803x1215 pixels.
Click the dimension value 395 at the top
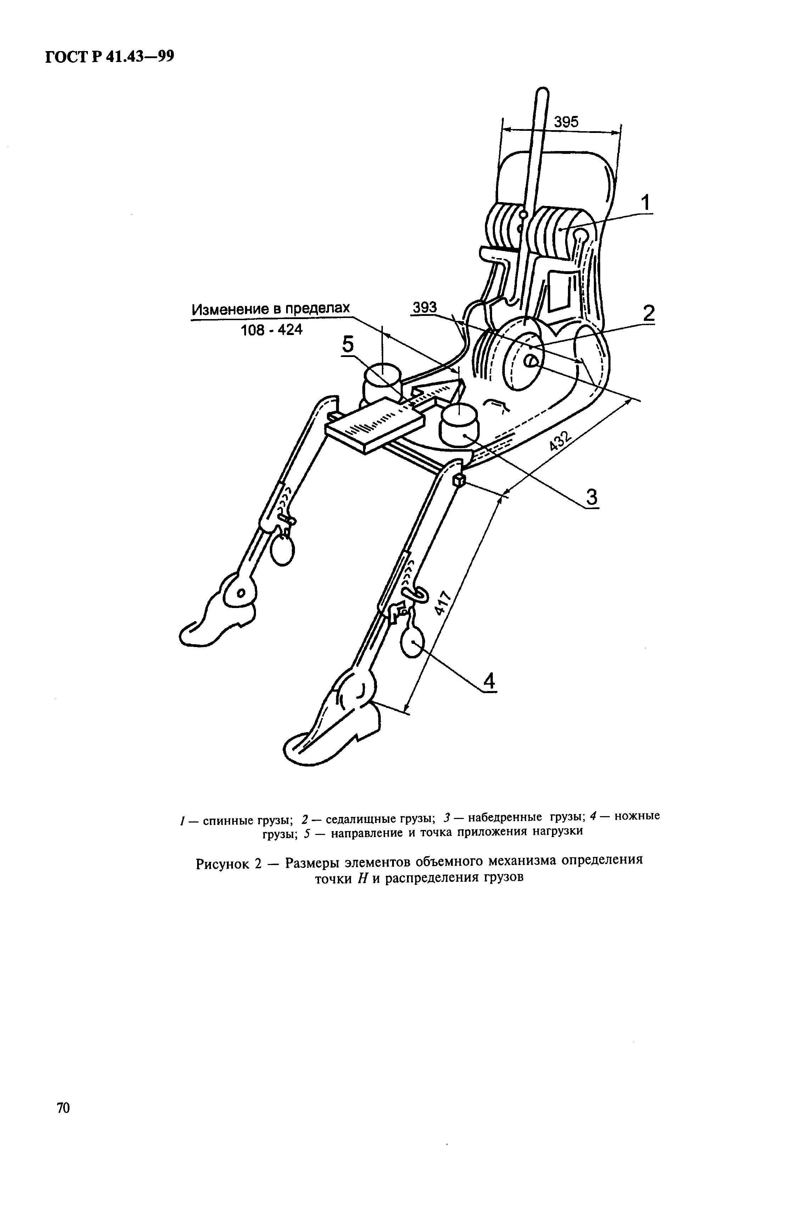pos(566,122)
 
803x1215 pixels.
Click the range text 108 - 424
pos(272,330)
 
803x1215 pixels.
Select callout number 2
pos(648,313)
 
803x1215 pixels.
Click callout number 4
pos(490,681)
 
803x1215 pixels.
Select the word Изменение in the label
pos(229,309)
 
